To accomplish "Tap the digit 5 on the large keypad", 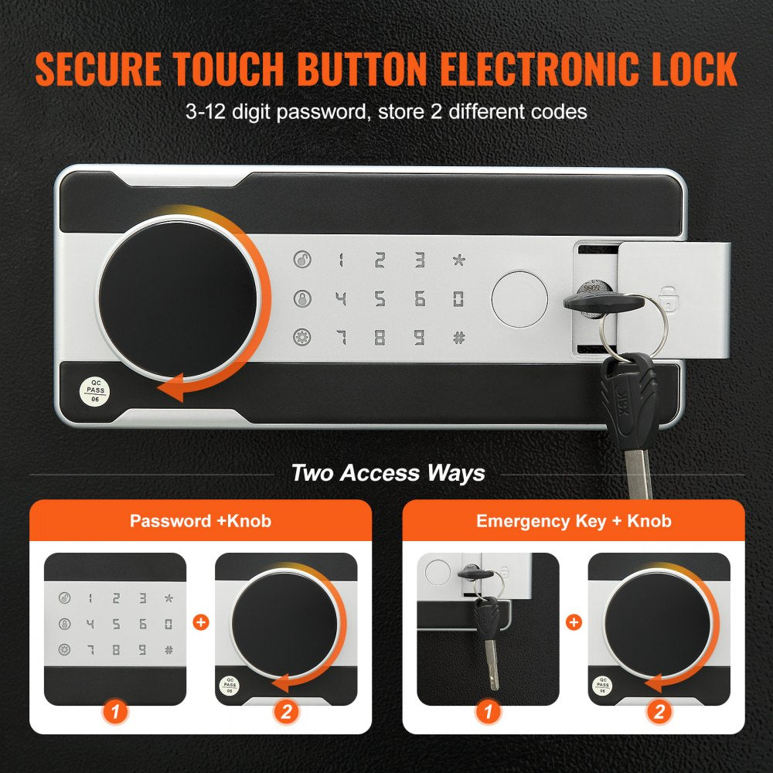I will (380, 298).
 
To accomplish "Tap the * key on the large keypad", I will (458, 260).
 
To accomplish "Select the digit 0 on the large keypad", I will (458, 298).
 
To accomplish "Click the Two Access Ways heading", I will (388, 473).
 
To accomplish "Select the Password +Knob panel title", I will (200, 521).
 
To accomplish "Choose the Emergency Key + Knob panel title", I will (574, 521).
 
